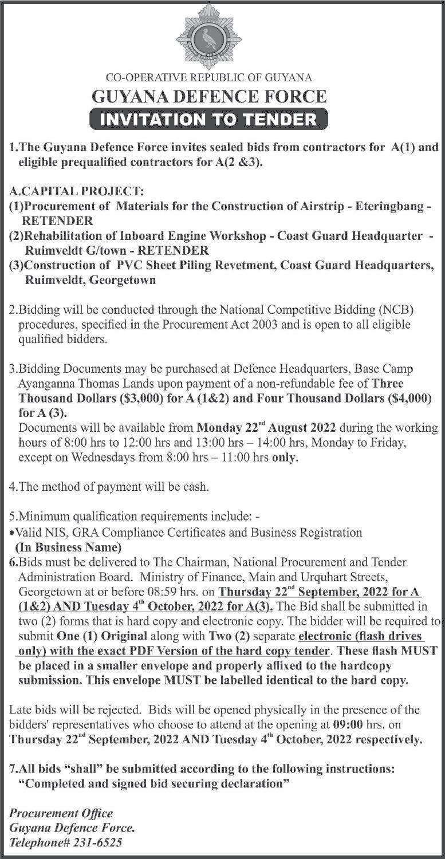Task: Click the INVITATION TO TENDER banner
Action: (x=209, y=119)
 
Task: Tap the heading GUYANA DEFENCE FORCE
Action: (x=209, y=96)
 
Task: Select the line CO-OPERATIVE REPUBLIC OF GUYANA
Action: (x=209, y=77)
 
